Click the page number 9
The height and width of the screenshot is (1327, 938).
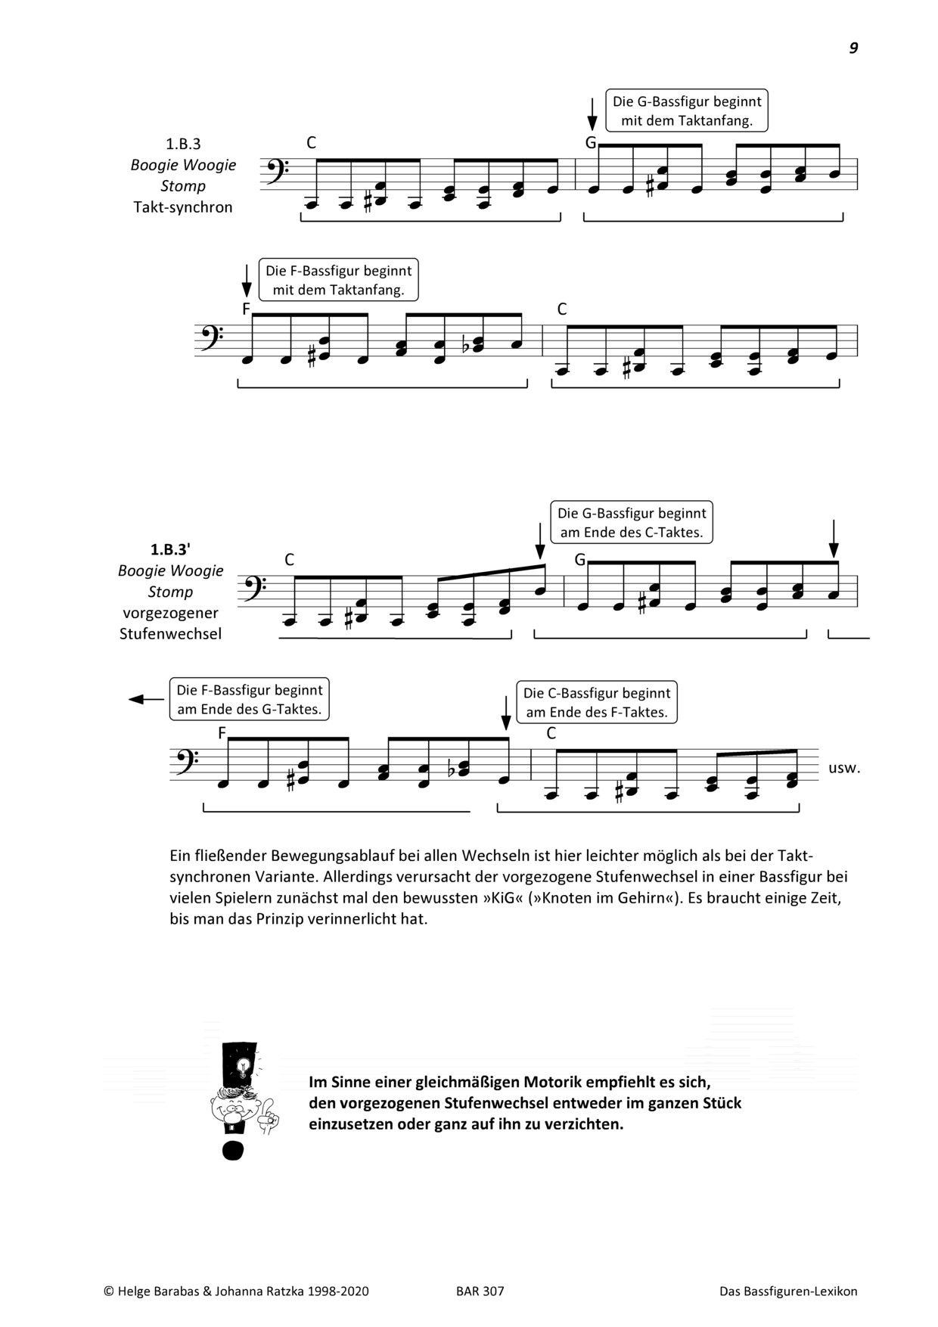click(853, 48)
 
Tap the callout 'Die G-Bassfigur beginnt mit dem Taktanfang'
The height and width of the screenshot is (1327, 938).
click(687, 111)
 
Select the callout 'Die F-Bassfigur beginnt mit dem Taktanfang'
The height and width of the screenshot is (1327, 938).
click(338, 280)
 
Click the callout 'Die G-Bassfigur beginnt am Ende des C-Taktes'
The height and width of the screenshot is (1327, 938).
click(631, 523)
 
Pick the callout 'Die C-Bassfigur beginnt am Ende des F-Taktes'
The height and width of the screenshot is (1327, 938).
click(597, 702)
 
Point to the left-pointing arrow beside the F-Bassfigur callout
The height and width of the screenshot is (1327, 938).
click(145, 700)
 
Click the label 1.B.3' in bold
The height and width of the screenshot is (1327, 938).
click(170, 549)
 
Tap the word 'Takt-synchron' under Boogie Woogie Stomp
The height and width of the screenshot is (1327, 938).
click(183, 207)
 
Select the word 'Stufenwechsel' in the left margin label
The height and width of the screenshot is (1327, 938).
click(170, 634)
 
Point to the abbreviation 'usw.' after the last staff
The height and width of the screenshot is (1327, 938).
click(844, 768)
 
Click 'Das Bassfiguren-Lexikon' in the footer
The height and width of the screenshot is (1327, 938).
click(788, 1291)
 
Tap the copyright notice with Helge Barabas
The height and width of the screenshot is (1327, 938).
click(236, 1291)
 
